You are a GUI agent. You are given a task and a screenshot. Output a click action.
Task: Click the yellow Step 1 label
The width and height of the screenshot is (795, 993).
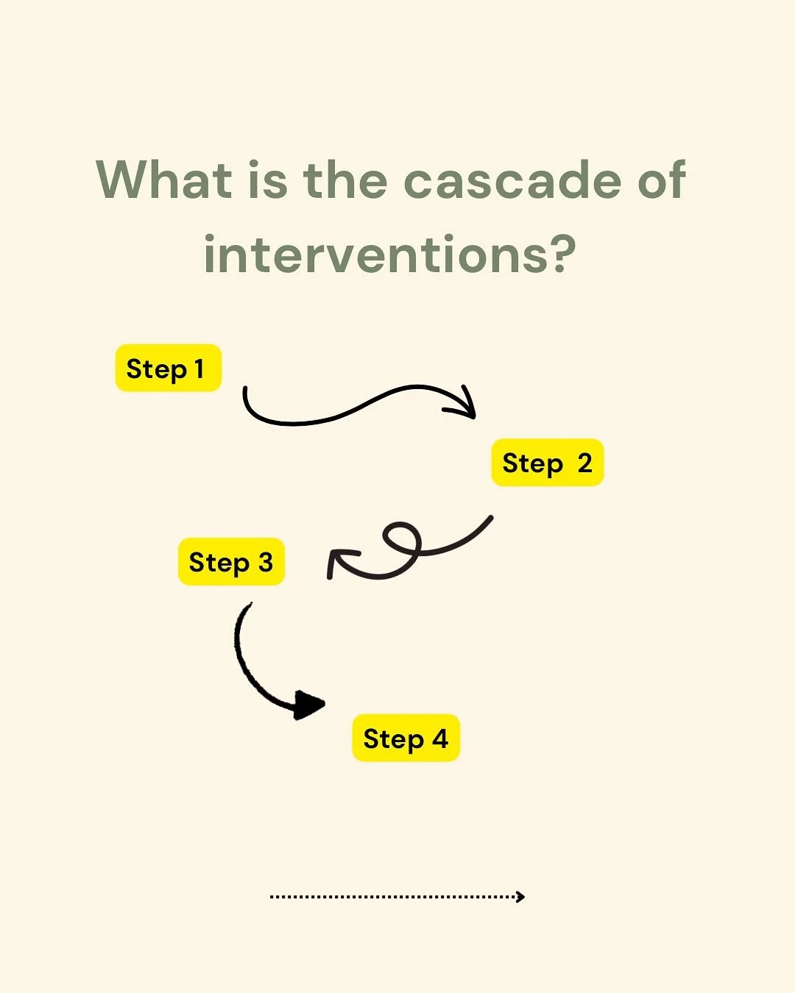pos(168,368)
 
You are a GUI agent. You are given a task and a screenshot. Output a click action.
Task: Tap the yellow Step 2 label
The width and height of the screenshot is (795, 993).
pos(547,463)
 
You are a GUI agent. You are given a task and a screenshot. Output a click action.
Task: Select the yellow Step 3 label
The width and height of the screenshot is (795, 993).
pos(231,562)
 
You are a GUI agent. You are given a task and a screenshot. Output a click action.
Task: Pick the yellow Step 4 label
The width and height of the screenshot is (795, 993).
pos(406,738)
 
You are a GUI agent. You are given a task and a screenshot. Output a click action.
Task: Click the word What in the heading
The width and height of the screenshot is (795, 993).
pos(164,179)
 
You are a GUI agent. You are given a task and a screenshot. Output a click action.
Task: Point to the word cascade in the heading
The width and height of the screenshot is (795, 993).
pos(513,181)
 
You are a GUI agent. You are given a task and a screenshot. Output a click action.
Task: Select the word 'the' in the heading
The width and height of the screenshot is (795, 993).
pos(345,179)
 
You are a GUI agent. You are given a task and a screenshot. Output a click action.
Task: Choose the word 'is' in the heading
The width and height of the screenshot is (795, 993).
pos(267,181)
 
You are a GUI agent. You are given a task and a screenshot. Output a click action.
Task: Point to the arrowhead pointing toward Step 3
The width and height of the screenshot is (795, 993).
pos(339,560)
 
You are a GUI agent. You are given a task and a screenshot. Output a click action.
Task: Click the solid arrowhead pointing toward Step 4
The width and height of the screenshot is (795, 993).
pos(309,705)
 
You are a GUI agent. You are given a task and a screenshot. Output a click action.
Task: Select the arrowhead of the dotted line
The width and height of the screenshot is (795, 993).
pos(520,896)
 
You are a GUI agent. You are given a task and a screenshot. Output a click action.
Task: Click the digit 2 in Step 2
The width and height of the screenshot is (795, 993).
pos(584,463)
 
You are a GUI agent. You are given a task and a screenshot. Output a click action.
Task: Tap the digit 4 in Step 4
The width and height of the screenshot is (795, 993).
pos(439,738)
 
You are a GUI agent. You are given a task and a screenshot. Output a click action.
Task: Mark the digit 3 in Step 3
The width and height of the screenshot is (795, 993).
pos(265,563)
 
